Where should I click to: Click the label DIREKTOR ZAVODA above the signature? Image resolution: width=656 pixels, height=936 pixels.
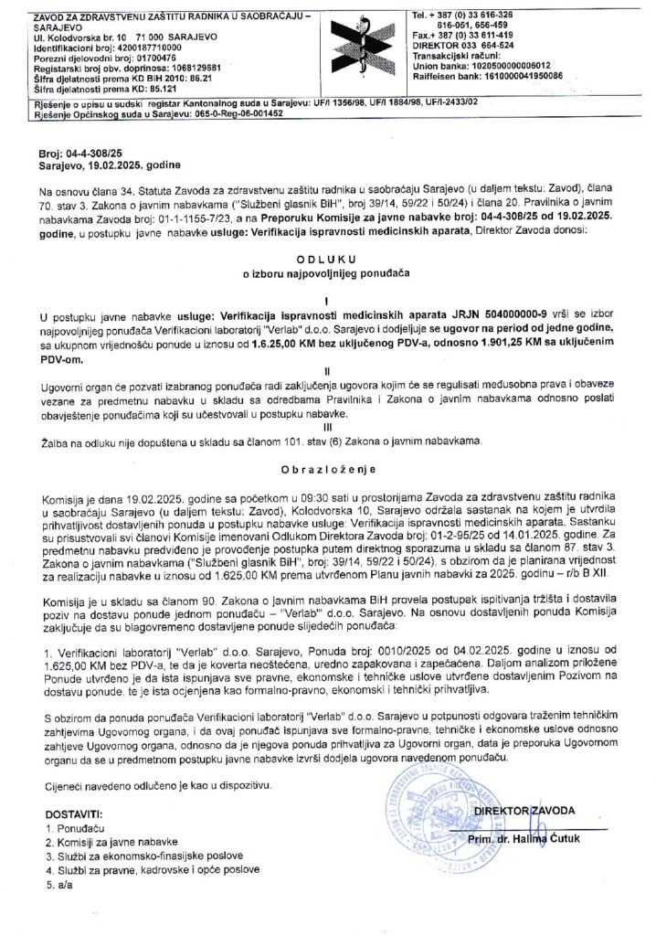pos(524,811)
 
